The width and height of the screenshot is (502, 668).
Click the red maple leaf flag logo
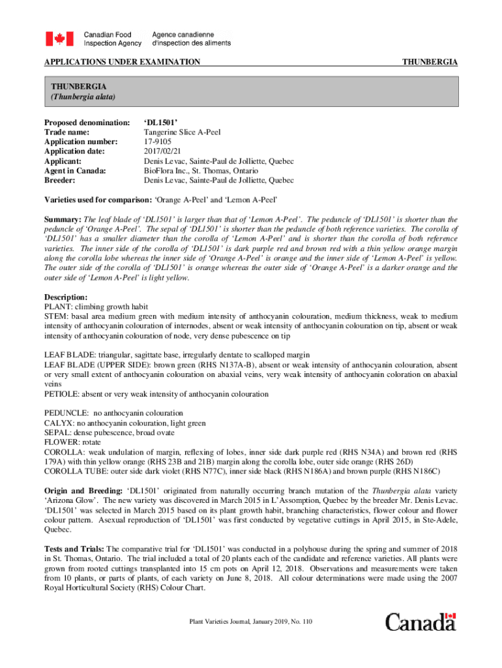pos(59,38)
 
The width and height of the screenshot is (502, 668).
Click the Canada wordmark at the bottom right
pos(421,622)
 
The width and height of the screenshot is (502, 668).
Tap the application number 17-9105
pos(158,142)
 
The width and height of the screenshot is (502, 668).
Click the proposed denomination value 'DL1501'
pos(160,123)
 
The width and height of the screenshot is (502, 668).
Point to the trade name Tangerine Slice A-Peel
pos(182,132)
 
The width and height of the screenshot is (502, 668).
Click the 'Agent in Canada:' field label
pos(75,170)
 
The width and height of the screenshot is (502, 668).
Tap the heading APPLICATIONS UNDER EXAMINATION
pos(122,62)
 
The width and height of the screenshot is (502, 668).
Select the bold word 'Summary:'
pos(63,219)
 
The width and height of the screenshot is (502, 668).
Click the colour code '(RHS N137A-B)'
pos(214,365)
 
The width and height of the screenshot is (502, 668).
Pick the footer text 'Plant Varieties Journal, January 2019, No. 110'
pos(250,622)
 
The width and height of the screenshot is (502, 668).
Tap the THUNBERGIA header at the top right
pos(430,62)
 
